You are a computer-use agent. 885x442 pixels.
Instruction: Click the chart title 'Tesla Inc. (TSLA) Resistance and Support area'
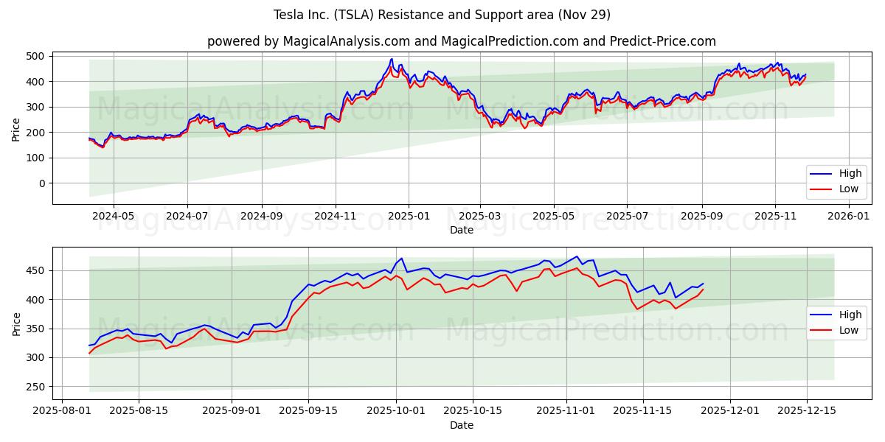[442, 15]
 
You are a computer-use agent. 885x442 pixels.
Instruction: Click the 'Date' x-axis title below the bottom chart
[461, 425]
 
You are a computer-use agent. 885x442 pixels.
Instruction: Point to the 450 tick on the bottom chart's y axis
[35, 270]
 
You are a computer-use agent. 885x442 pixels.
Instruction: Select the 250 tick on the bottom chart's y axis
[35, 387]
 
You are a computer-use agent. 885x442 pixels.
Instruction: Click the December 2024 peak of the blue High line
[392, 59]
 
